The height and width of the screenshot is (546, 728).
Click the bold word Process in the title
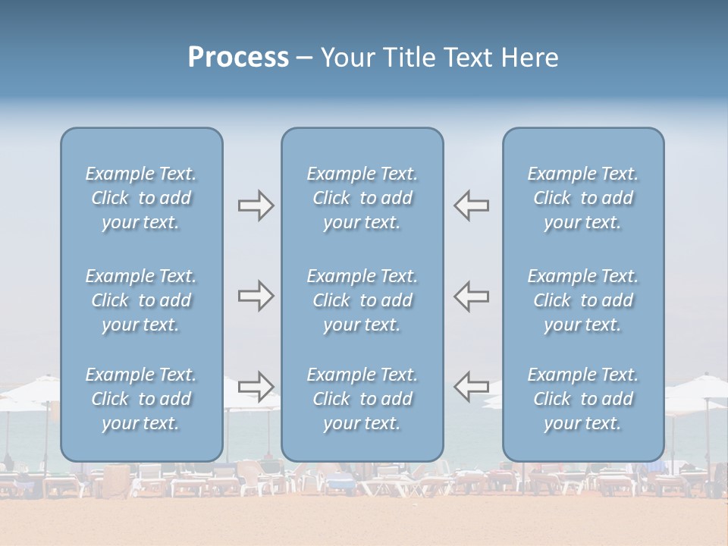238,58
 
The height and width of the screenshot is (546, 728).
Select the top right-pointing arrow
256,206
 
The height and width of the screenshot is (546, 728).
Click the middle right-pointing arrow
256,296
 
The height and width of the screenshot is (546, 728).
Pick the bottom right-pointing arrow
256,386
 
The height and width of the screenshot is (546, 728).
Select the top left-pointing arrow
471,206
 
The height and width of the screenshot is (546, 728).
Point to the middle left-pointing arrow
471,296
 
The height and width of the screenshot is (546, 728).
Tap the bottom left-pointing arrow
471,386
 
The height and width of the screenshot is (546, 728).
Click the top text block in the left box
141,198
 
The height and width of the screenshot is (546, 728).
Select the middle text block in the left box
141,300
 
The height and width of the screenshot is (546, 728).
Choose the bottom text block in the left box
141,399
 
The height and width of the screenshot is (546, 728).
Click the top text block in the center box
362,198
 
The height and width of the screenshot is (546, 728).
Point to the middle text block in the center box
362,300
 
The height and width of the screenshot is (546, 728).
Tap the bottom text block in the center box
362,399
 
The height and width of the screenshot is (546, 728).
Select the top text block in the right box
583,198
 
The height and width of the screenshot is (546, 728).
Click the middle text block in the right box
583,300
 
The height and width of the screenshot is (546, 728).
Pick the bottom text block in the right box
583,399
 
